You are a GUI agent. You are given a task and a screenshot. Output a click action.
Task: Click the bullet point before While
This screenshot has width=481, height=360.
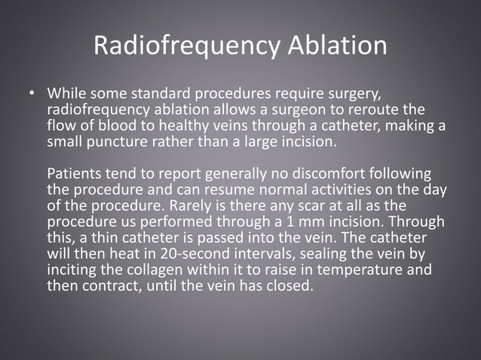click(x=32, y=96)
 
